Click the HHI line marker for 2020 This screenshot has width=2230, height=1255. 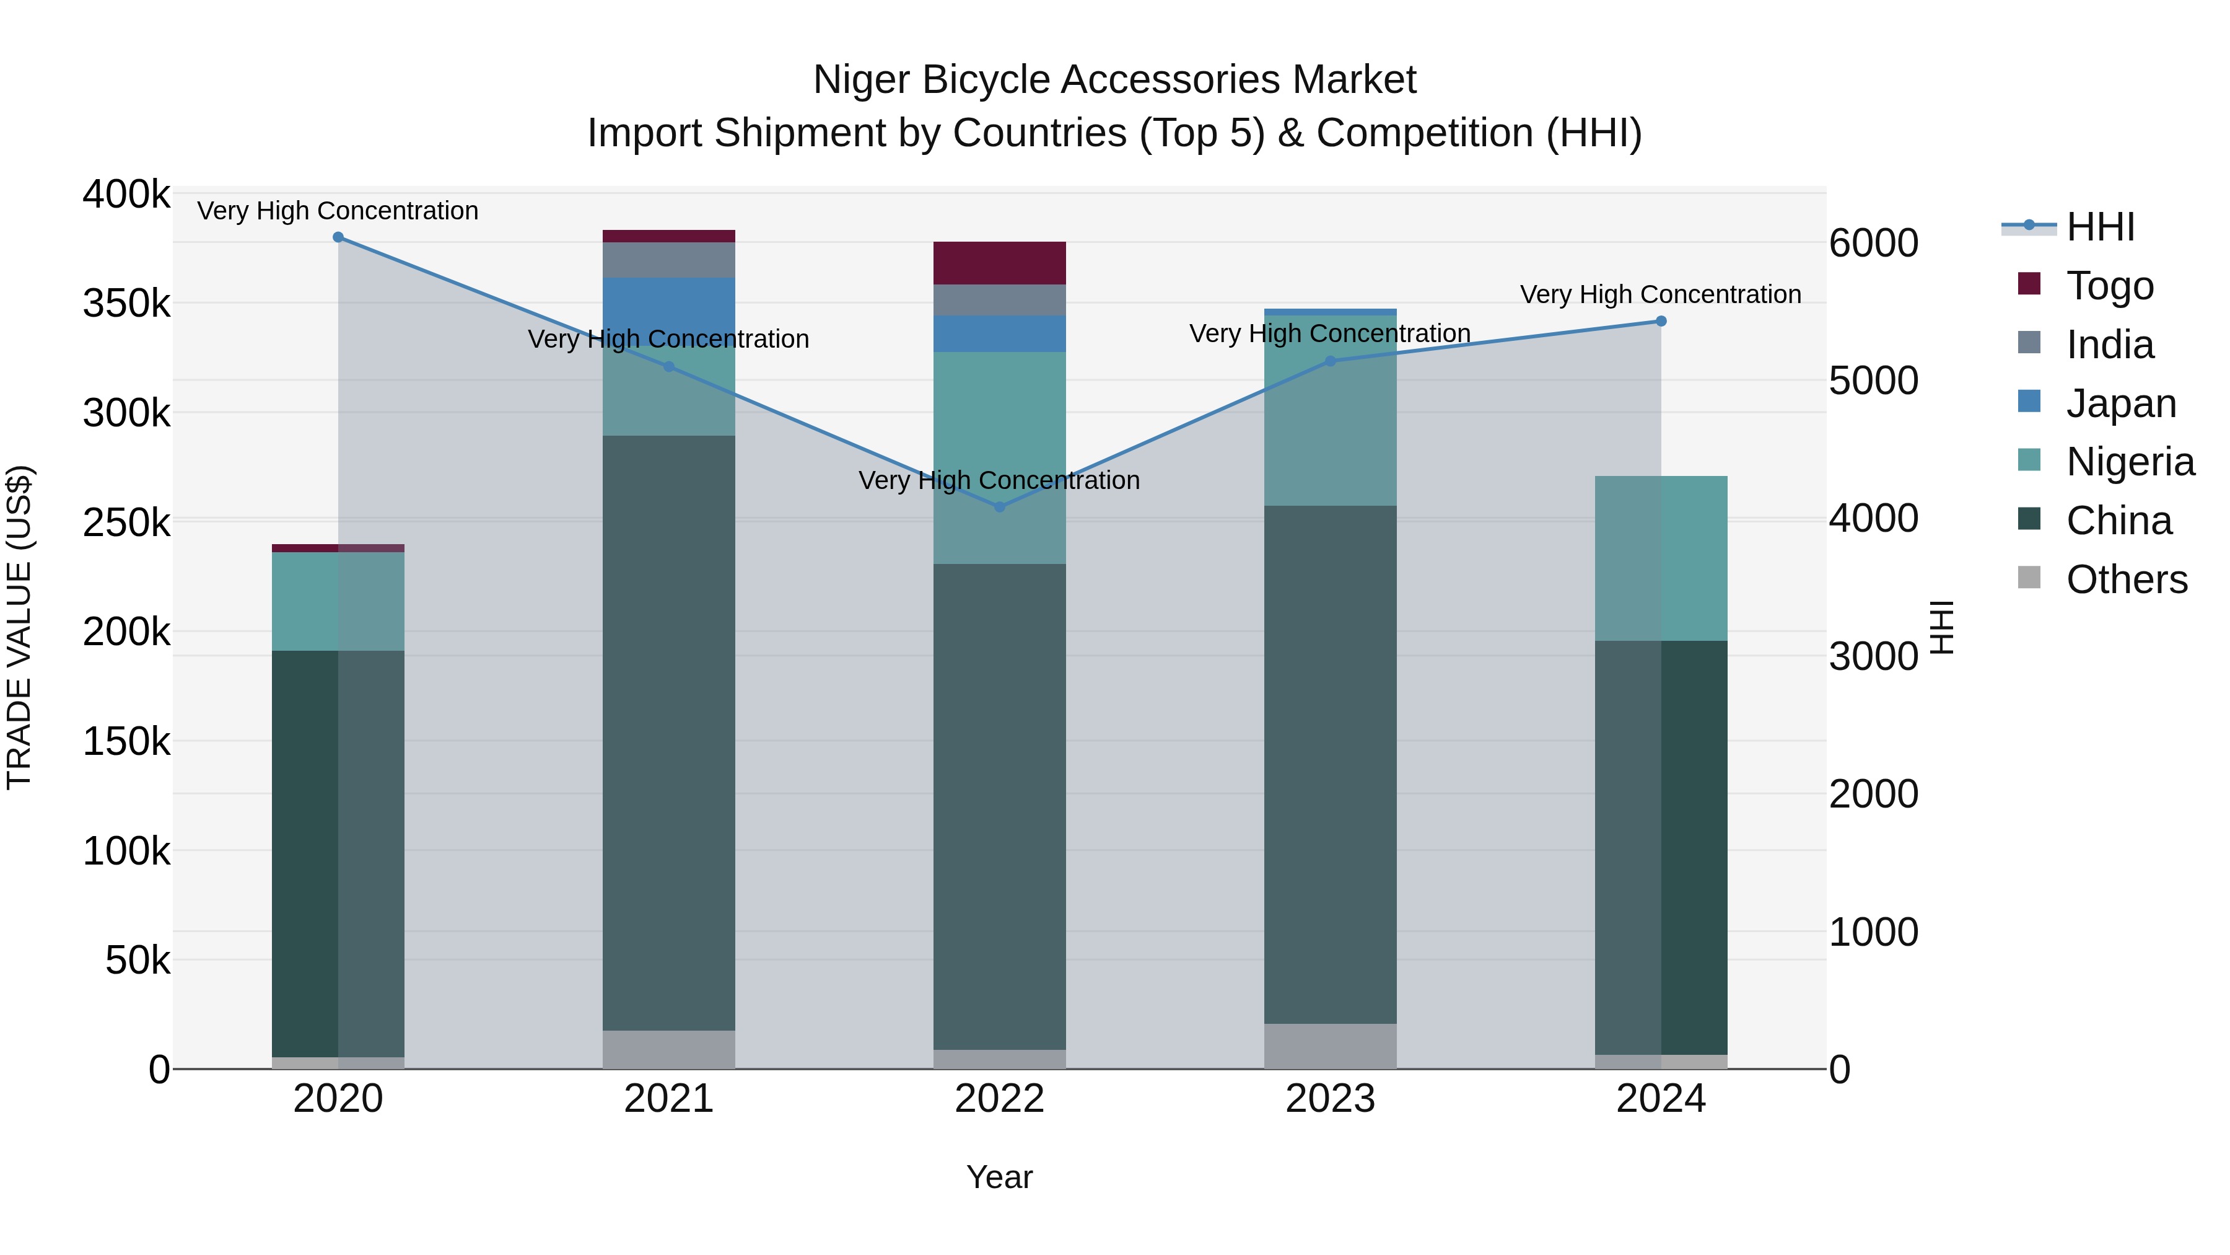point(338,237)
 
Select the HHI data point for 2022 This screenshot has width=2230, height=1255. point(1000,507)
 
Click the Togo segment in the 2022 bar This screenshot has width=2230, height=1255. point(1000,263)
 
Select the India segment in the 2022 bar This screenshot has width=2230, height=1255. point(1000,301)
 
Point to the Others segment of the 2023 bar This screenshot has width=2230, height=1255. point(1331,1046)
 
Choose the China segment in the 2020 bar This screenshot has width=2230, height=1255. point(338,853)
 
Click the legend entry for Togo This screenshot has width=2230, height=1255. point(2110,286)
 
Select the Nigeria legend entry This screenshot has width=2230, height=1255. point(2130,462)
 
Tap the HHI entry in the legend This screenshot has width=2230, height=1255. point(2100,227)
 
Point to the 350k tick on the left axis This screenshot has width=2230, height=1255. point(126,304)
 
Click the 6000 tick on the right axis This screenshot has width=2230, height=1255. point(1873,244)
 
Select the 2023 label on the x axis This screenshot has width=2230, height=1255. point(1331,1099)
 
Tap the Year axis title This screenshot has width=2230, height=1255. point(999,1177)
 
